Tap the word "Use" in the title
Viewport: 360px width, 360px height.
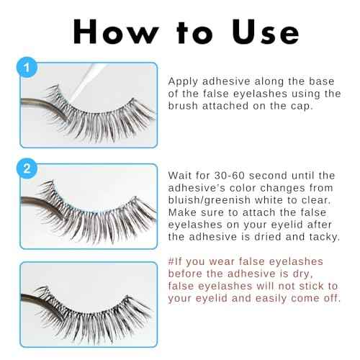tap(264, 32)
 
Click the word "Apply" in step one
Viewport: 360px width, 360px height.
tap(183, 82)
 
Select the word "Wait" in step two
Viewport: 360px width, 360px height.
tap(181, 175)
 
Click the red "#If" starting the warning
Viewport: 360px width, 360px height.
tap(177, 261)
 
